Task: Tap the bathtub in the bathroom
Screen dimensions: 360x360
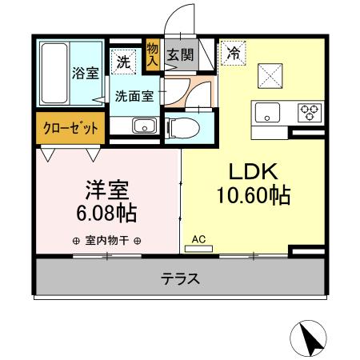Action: coord(54,74)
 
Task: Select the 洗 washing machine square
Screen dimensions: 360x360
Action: coord(123,59)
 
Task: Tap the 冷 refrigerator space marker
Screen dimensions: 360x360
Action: coord(233,54)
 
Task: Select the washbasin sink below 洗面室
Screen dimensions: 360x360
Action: coord(144,126)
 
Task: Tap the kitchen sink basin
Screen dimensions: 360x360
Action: coord(266,111)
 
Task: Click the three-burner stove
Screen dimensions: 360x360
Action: coord(308,111)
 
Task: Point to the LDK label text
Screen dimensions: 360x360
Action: coord(254,171)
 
